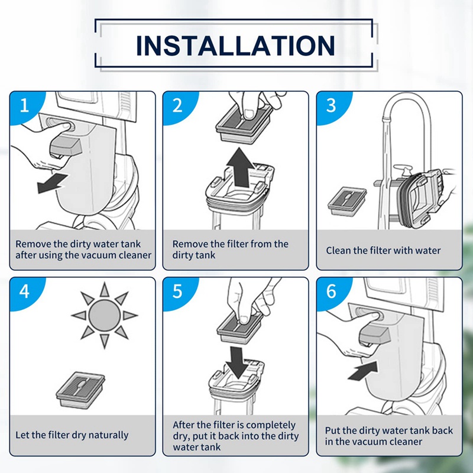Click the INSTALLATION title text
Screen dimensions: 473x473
(x=235, y=46)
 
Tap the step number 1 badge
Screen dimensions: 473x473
(x=24, y=106)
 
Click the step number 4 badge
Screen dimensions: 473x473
(x=24, y=292)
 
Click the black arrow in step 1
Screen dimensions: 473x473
(x=52, y=183)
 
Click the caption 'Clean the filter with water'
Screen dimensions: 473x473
(x=383, y=251)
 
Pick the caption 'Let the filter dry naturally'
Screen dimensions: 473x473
(x=72, y=435)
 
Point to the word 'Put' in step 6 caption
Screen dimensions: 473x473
(x=333, y=430)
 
